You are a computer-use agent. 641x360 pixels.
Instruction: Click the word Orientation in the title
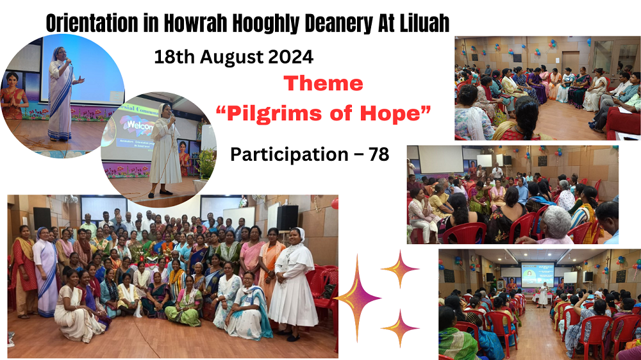(x=92, y=23)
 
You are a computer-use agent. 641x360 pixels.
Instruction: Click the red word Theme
(x=323, y=84)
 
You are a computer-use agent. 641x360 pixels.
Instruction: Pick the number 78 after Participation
(x=379, y=154)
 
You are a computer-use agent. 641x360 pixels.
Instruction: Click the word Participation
(x=290, y=155)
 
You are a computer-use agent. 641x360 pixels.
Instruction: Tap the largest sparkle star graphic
(x=357, y=299)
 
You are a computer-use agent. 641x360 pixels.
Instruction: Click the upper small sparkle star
(x=400, y=269)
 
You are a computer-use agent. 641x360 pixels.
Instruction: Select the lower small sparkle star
(x=400, y=328)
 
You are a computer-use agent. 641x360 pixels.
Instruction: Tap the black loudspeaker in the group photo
(x=287, y=218)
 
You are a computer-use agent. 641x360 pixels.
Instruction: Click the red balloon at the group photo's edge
(x=335, y=204)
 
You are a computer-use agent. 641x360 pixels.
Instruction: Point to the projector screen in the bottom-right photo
(x=538, y=275)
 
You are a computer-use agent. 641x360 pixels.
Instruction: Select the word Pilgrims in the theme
(x=272, y=114)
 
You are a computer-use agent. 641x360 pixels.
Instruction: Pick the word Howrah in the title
(x=196, y=23)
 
